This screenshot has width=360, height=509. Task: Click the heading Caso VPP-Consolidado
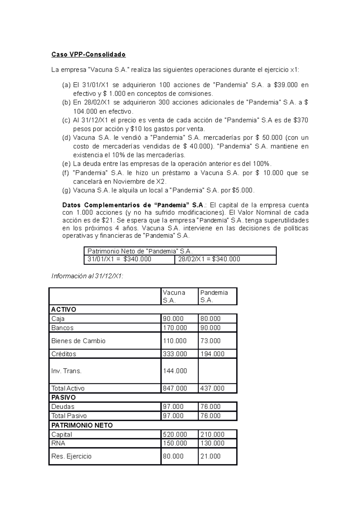[x=88, y=55]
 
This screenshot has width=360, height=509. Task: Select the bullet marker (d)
[x=66, y=138]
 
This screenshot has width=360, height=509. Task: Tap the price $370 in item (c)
[x=301, y=120]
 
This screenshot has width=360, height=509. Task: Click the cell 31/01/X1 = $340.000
[x=119, y=259]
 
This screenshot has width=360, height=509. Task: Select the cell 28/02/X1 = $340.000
[x=209, y=259]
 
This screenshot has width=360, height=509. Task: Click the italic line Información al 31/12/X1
[x=87, y=276]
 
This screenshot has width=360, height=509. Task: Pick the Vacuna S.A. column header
[x=174, y=296]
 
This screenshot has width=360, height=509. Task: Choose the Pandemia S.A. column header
[x=214, y=296]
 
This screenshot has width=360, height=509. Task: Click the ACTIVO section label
[x=64, y=309]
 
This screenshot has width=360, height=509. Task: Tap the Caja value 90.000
[x=173, y=319]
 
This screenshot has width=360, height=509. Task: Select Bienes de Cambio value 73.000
[x=210, y=341]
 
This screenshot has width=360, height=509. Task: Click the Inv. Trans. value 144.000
[x=175, y=371]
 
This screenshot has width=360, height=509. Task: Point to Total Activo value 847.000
[x=175, y=388]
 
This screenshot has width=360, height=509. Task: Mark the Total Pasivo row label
[x=69, y=416]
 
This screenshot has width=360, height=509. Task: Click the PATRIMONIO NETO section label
[x=82, y=425]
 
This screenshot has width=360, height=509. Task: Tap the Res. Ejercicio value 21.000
[x=210, y=456]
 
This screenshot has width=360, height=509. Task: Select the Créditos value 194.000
[x=212, y=354]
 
